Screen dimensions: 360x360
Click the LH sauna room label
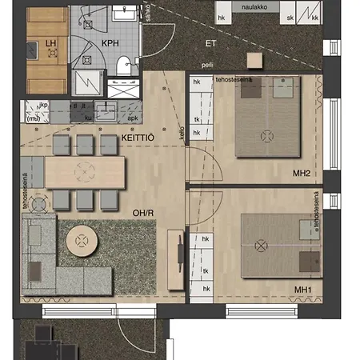tap(51, 42)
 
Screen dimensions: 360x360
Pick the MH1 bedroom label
tap(302, 289)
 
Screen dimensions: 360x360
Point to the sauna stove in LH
tap(52, 54)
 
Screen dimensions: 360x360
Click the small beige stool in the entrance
tap(254, 60)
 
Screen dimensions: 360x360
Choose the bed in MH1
tap(280, 244)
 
